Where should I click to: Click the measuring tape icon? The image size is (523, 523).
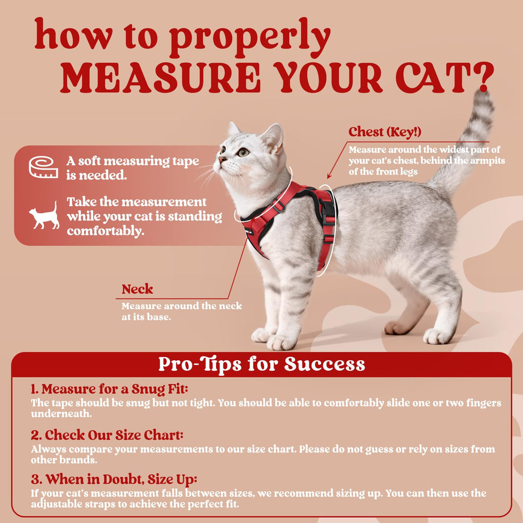click(43, 166)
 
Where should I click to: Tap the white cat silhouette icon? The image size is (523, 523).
click(44, 215)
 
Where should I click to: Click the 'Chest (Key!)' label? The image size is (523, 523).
click(385, 131)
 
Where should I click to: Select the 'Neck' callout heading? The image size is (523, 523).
click(138, 289)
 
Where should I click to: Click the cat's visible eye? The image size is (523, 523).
click(243, 152)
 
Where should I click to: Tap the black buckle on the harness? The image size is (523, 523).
click(328, 211)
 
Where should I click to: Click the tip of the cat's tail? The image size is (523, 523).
click(483, 97)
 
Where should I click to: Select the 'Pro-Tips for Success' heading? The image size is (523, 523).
click(261, 364)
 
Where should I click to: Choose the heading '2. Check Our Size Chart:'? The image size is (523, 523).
click(107, 435)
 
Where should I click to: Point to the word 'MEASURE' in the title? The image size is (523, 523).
click(160, 78)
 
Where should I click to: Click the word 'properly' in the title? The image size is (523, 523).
click(249, 38)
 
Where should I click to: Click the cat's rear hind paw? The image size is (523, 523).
click(437, 336)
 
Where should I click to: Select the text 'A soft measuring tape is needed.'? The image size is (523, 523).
click(132, 168)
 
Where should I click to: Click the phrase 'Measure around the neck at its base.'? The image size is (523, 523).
click(181, 311)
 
